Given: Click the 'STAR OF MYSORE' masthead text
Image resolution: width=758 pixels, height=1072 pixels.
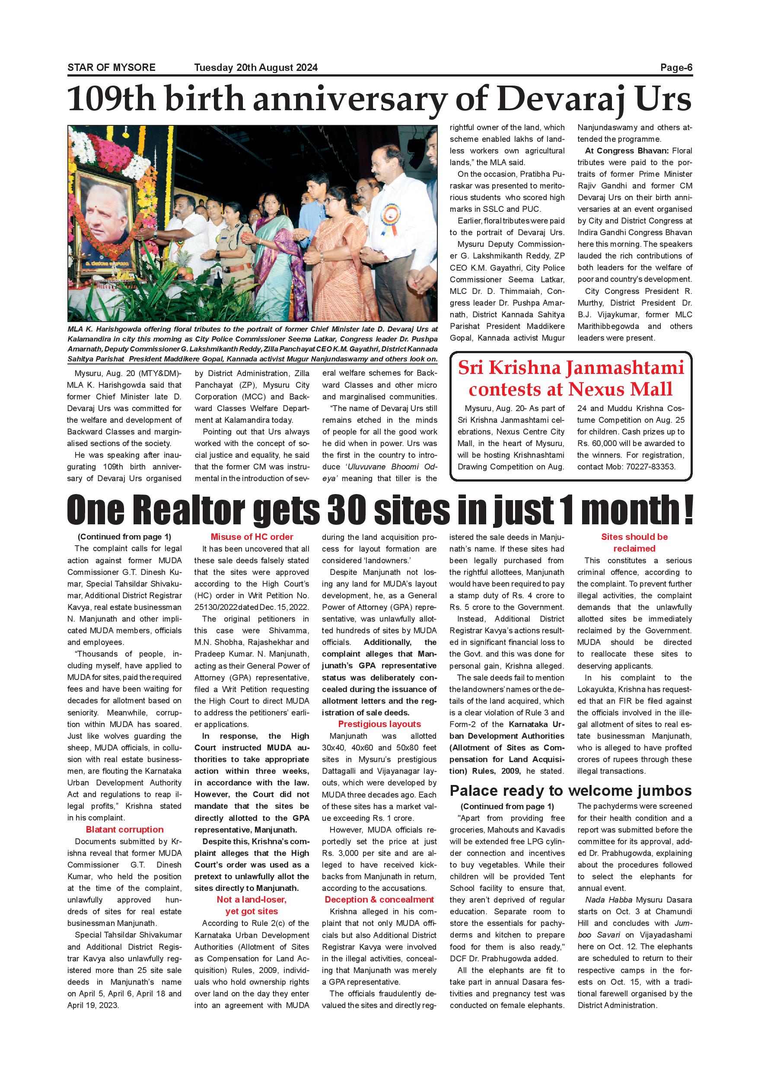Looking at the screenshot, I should pos(111,68).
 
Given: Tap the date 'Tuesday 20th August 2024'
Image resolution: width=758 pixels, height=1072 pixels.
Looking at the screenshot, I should pos(256,68).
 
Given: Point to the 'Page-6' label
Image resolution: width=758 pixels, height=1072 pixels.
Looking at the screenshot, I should pos(676,68).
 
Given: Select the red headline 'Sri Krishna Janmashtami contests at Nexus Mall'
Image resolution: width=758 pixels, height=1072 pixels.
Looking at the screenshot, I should pos(570,379).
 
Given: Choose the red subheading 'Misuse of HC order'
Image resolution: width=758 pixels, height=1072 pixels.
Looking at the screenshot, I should pos(252,537).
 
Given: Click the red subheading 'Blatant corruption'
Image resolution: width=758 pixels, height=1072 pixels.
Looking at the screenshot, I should pos(124,830).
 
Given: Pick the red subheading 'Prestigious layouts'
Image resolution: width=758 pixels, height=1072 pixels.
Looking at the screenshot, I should pos(379,724).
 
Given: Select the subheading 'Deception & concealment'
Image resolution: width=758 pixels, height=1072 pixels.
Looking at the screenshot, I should pos(379,900).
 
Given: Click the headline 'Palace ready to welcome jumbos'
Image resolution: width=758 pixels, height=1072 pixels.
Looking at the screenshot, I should pos(570,791).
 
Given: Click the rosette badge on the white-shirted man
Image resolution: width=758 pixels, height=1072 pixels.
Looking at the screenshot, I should pos(390,218).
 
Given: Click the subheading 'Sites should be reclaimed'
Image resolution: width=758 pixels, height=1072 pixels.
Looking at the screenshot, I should pos(634,542).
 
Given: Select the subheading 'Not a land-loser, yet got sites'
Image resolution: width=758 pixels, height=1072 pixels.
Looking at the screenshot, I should pos(252,905).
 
